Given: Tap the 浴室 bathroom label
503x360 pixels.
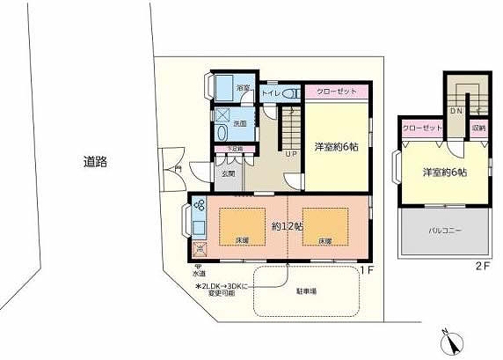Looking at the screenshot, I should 243,89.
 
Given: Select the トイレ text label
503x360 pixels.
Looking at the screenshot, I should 270,90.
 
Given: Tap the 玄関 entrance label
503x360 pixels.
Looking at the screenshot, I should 229,173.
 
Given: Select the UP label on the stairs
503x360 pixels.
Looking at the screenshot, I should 290,153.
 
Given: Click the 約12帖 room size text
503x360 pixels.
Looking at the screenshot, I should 288,226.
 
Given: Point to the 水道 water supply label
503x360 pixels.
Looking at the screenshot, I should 199,275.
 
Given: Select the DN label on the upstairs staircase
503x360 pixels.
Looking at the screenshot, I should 456,112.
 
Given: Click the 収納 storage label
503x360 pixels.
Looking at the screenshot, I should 478,129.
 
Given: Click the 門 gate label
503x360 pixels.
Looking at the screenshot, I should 179,167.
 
